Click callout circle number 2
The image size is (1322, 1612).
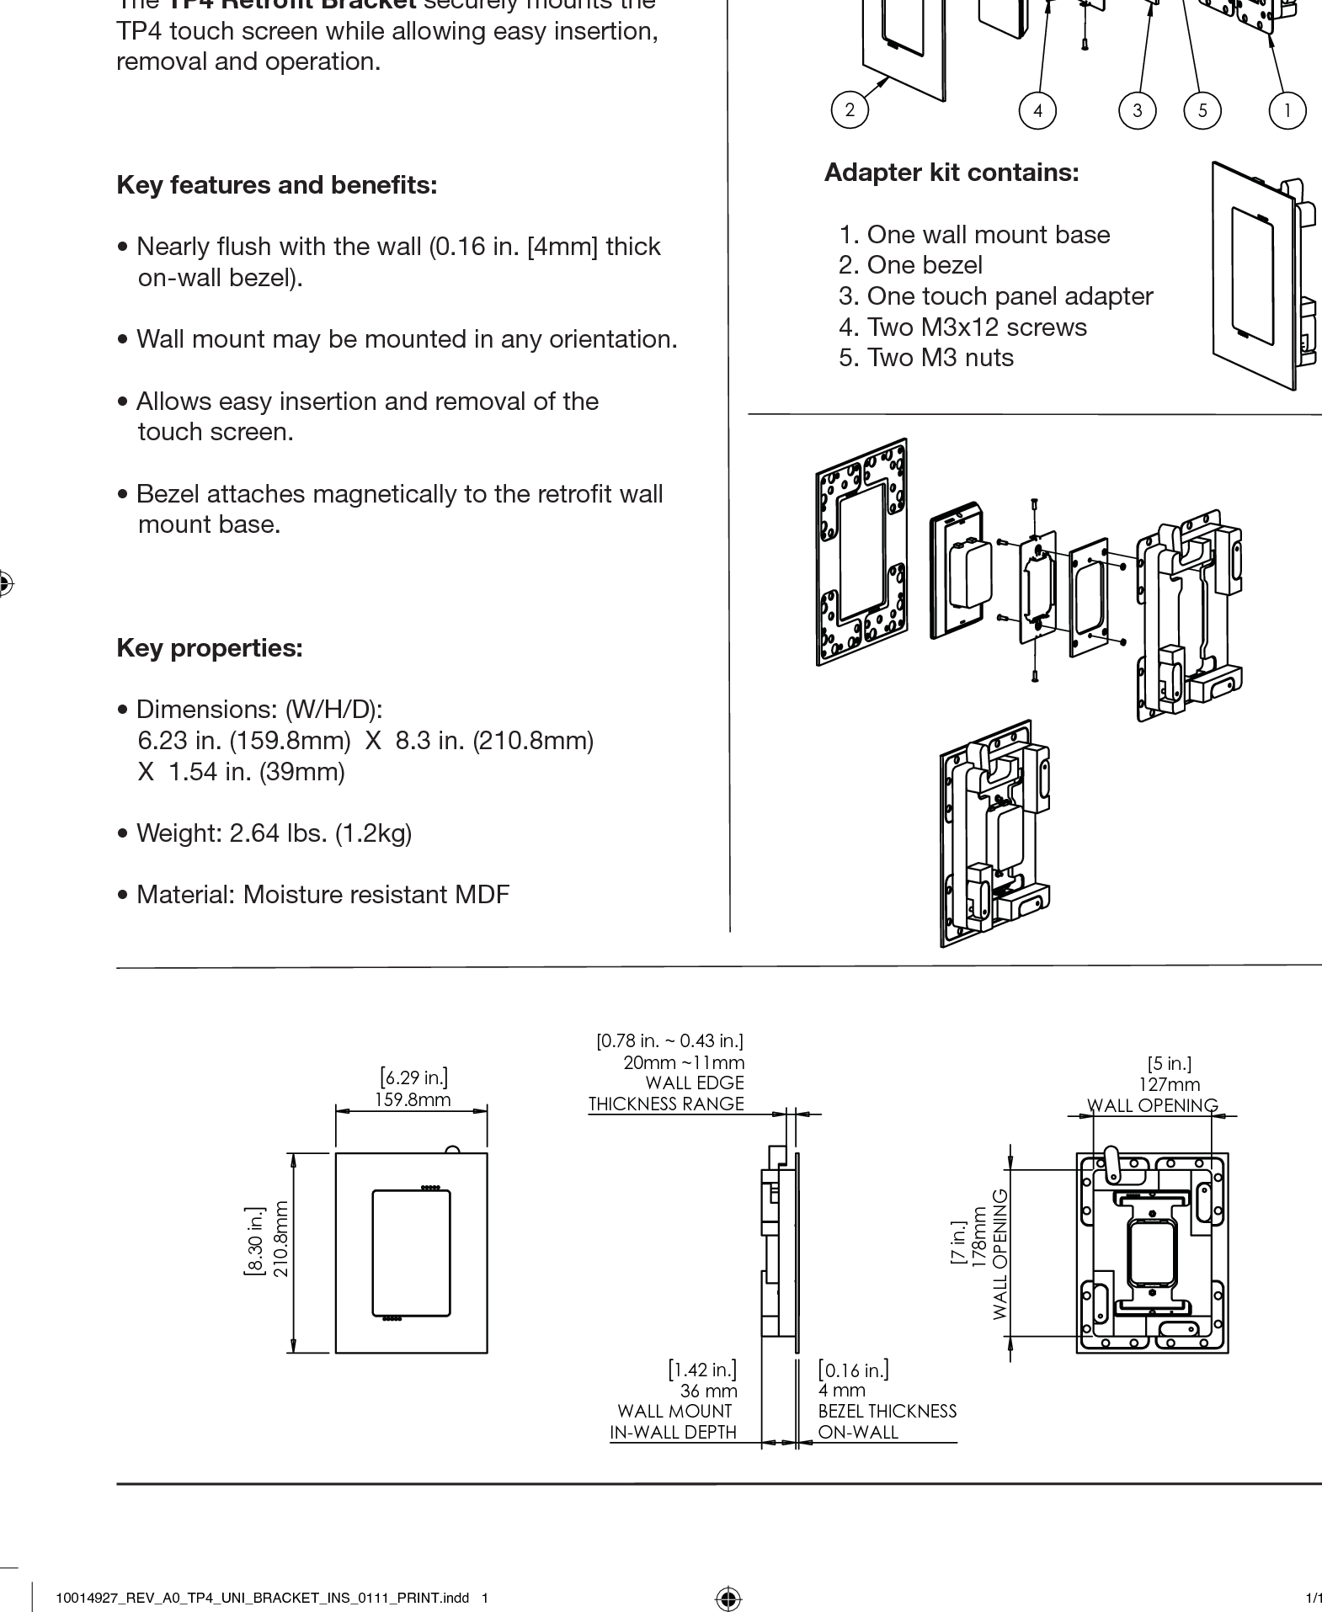[849, 109]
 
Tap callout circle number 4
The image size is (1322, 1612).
[1037, 110]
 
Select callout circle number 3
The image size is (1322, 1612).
[1138, 110]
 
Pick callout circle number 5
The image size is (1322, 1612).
[1202, 110]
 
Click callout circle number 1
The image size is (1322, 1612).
[1287, 110]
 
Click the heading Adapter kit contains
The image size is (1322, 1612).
[951, 173]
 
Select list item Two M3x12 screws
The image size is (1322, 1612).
[962, 327]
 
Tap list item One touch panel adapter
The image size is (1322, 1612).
[995, 296]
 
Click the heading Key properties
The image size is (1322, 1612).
[210, 648]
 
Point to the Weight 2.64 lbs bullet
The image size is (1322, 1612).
[265, 833]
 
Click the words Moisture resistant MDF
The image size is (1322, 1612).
[376, 895]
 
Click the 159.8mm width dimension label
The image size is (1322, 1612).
[413, 1099]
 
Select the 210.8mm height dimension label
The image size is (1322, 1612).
[281, 1239]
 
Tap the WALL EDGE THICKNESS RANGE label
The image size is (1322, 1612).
[666, 1093]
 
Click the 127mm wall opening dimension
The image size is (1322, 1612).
[1169, 1085]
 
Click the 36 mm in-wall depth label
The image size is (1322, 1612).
[708, 1391]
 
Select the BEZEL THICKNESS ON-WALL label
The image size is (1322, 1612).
[886, 1422]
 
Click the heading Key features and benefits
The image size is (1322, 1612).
[277, 185]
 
